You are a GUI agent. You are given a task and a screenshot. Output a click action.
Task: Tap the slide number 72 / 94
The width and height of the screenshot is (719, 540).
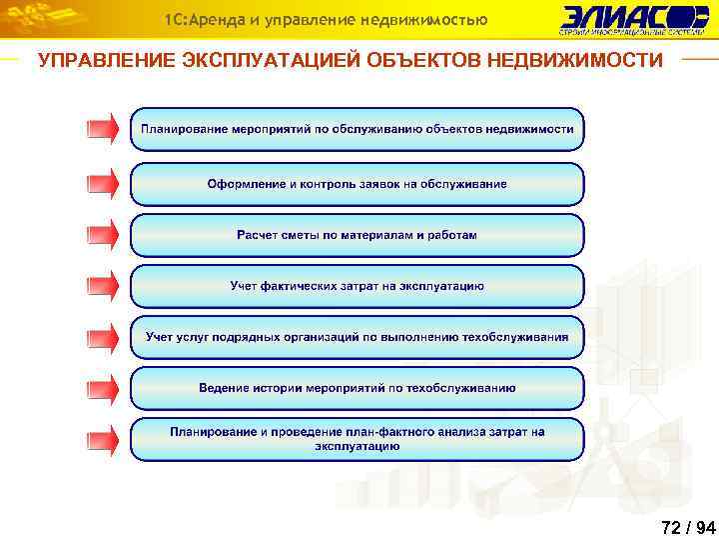[x=688, y=527]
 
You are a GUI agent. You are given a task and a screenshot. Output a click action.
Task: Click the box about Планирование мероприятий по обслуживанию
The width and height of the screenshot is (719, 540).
[x=358, y=130]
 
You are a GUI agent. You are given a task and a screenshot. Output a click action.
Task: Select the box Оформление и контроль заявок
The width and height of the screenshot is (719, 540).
[x=358, y=184]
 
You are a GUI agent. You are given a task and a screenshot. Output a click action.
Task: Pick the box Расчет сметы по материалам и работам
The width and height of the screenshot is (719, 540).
[x=358, y=236]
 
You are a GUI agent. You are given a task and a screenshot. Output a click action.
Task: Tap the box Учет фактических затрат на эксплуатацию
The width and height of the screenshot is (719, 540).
[x=358, y=286]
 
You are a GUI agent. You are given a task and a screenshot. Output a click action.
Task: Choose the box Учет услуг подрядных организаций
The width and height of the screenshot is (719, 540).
[x=358, y=337]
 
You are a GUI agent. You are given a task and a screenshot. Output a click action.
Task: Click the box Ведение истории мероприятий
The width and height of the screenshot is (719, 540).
[x=358, y=388]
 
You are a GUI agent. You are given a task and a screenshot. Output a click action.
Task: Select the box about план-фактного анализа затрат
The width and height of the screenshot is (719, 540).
[x=358, y=440]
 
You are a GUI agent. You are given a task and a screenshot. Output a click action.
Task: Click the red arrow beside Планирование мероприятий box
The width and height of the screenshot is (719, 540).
[x=103, y=129]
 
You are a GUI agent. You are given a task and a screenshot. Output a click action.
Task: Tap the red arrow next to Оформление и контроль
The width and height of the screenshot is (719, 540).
[x=103, y=183]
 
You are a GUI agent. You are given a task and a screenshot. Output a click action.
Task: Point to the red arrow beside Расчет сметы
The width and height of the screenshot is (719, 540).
[x=103, y=235]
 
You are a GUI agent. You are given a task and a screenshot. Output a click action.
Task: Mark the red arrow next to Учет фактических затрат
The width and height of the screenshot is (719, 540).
[x=103, y=286]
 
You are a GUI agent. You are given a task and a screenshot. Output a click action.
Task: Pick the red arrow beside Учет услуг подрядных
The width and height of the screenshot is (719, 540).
[x=103, y=337]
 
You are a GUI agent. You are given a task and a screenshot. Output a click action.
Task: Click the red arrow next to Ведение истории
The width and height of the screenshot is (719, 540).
[x=103, y=388]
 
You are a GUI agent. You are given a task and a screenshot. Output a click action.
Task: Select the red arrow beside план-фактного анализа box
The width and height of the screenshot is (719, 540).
[x=103, y=439]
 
